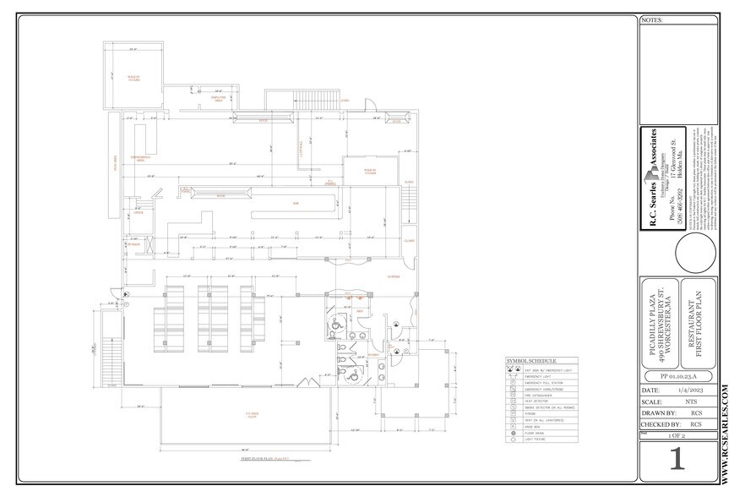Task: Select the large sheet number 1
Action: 675,460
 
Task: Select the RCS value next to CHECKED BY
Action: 696,423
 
